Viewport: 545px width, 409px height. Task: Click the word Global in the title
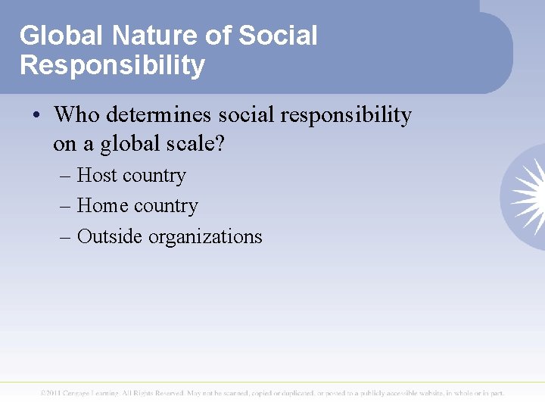click(62, 36)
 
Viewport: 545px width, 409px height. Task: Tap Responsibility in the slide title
click(112, 65)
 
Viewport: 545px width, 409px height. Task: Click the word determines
click(160, 115)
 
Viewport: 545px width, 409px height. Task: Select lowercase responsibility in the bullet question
click(346, 115)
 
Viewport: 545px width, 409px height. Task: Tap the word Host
click(98, 176)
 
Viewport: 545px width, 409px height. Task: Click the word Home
click(102, 206)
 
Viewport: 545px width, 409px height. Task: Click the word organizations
click(205, 236)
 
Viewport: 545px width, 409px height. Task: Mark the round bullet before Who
click(37, 116)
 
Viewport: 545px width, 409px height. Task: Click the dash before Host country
click(65, 176)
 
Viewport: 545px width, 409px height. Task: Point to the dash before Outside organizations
click(65, 237)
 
